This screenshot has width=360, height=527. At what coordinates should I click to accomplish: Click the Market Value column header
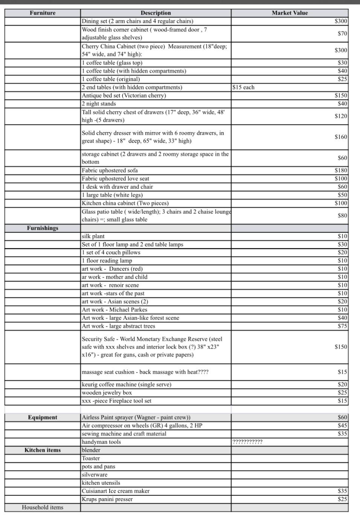[x=290, y=13]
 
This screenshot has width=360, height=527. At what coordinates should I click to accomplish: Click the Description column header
[x=156, y=13]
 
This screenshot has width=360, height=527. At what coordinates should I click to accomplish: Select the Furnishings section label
[x=43, y=228]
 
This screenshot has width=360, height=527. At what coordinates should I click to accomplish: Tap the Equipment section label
[x=43, y=417]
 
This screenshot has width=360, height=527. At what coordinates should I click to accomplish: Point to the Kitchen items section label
[x=43, y=450]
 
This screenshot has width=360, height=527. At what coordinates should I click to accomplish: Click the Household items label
[x=43, y=507]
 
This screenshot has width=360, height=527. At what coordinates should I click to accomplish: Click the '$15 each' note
[x=244, y=87]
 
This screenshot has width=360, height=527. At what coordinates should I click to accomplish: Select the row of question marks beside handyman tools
[x=247, y=442]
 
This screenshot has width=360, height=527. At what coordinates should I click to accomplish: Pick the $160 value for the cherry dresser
[x=341, y=137]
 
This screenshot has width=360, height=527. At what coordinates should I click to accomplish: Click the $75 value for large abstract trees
[x=342, y=326]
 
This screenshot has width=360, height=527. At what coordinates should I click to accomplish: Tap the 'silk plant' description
[x=93, y=236]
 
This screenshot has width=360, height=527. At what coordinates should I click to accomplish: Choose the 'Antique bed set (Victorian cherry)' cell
[x=124, y=96]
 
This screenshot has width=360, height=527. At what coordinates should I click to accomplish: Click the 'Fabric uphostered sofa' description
[x=110, y=171]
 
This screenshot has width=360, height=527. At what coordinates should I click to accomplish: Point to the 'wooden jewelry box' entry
[x=107, y=393]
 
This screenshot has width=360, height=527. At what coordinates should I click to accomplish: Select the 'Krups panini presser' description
[x=107, y=500]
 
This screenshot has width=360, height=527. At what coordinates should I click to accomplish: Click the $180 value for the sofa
[x=341, y=171]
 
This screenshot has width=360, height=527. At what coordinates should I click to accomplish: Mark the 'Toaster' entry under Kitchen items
[x=91, y=458]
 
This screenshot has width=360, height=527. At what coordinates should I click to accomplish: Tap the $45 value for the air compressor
[x=342, y=426]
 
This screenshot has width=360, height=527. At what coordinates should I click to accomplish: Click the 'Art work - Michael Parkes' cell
[x=114, y=310]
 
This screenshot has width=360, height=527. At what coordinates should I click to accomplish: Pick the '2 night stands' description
[x=99, y=104]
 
